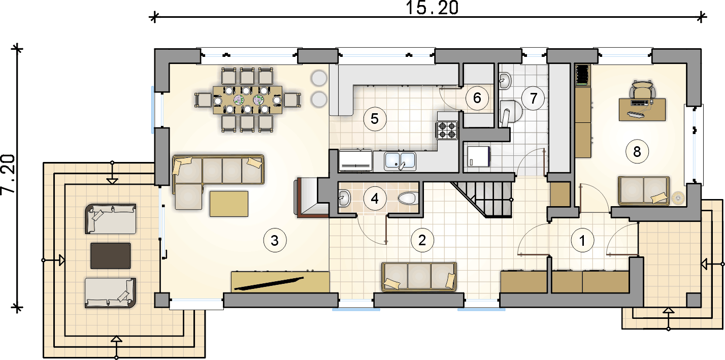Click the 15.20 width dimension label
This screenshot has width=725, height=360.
432,8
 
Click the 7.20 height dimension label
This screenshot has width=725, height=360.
8,174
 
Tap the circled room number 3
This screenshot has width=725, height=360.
275,240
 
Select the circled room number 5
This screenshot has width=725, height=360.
375,119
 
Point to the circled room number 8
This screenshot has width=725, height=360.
637,151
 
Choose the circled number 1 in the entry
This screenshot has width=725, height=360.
582,241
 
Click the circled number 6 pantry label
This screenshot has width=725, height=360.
477,98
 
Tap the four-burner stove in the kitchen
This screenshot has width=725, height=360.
447,130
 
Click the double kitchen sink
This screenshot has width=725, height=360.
400,161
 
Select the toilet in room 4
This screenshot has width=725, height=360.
408,198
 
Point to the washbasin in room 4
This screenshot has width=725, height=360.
344,198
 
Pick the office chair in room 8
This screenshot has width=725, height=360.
642,89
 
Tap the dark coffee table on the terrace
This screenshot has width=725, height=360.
111,256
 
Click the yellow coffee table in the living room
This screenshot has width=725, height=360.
229,204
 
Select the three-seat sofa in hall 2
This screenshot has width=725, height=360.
419,277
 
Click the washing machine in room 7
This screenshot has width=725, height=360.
479,156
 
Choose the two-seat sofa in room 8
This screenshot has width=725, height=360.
644,191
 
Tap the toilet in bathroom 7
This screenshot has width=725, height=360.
510,112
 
